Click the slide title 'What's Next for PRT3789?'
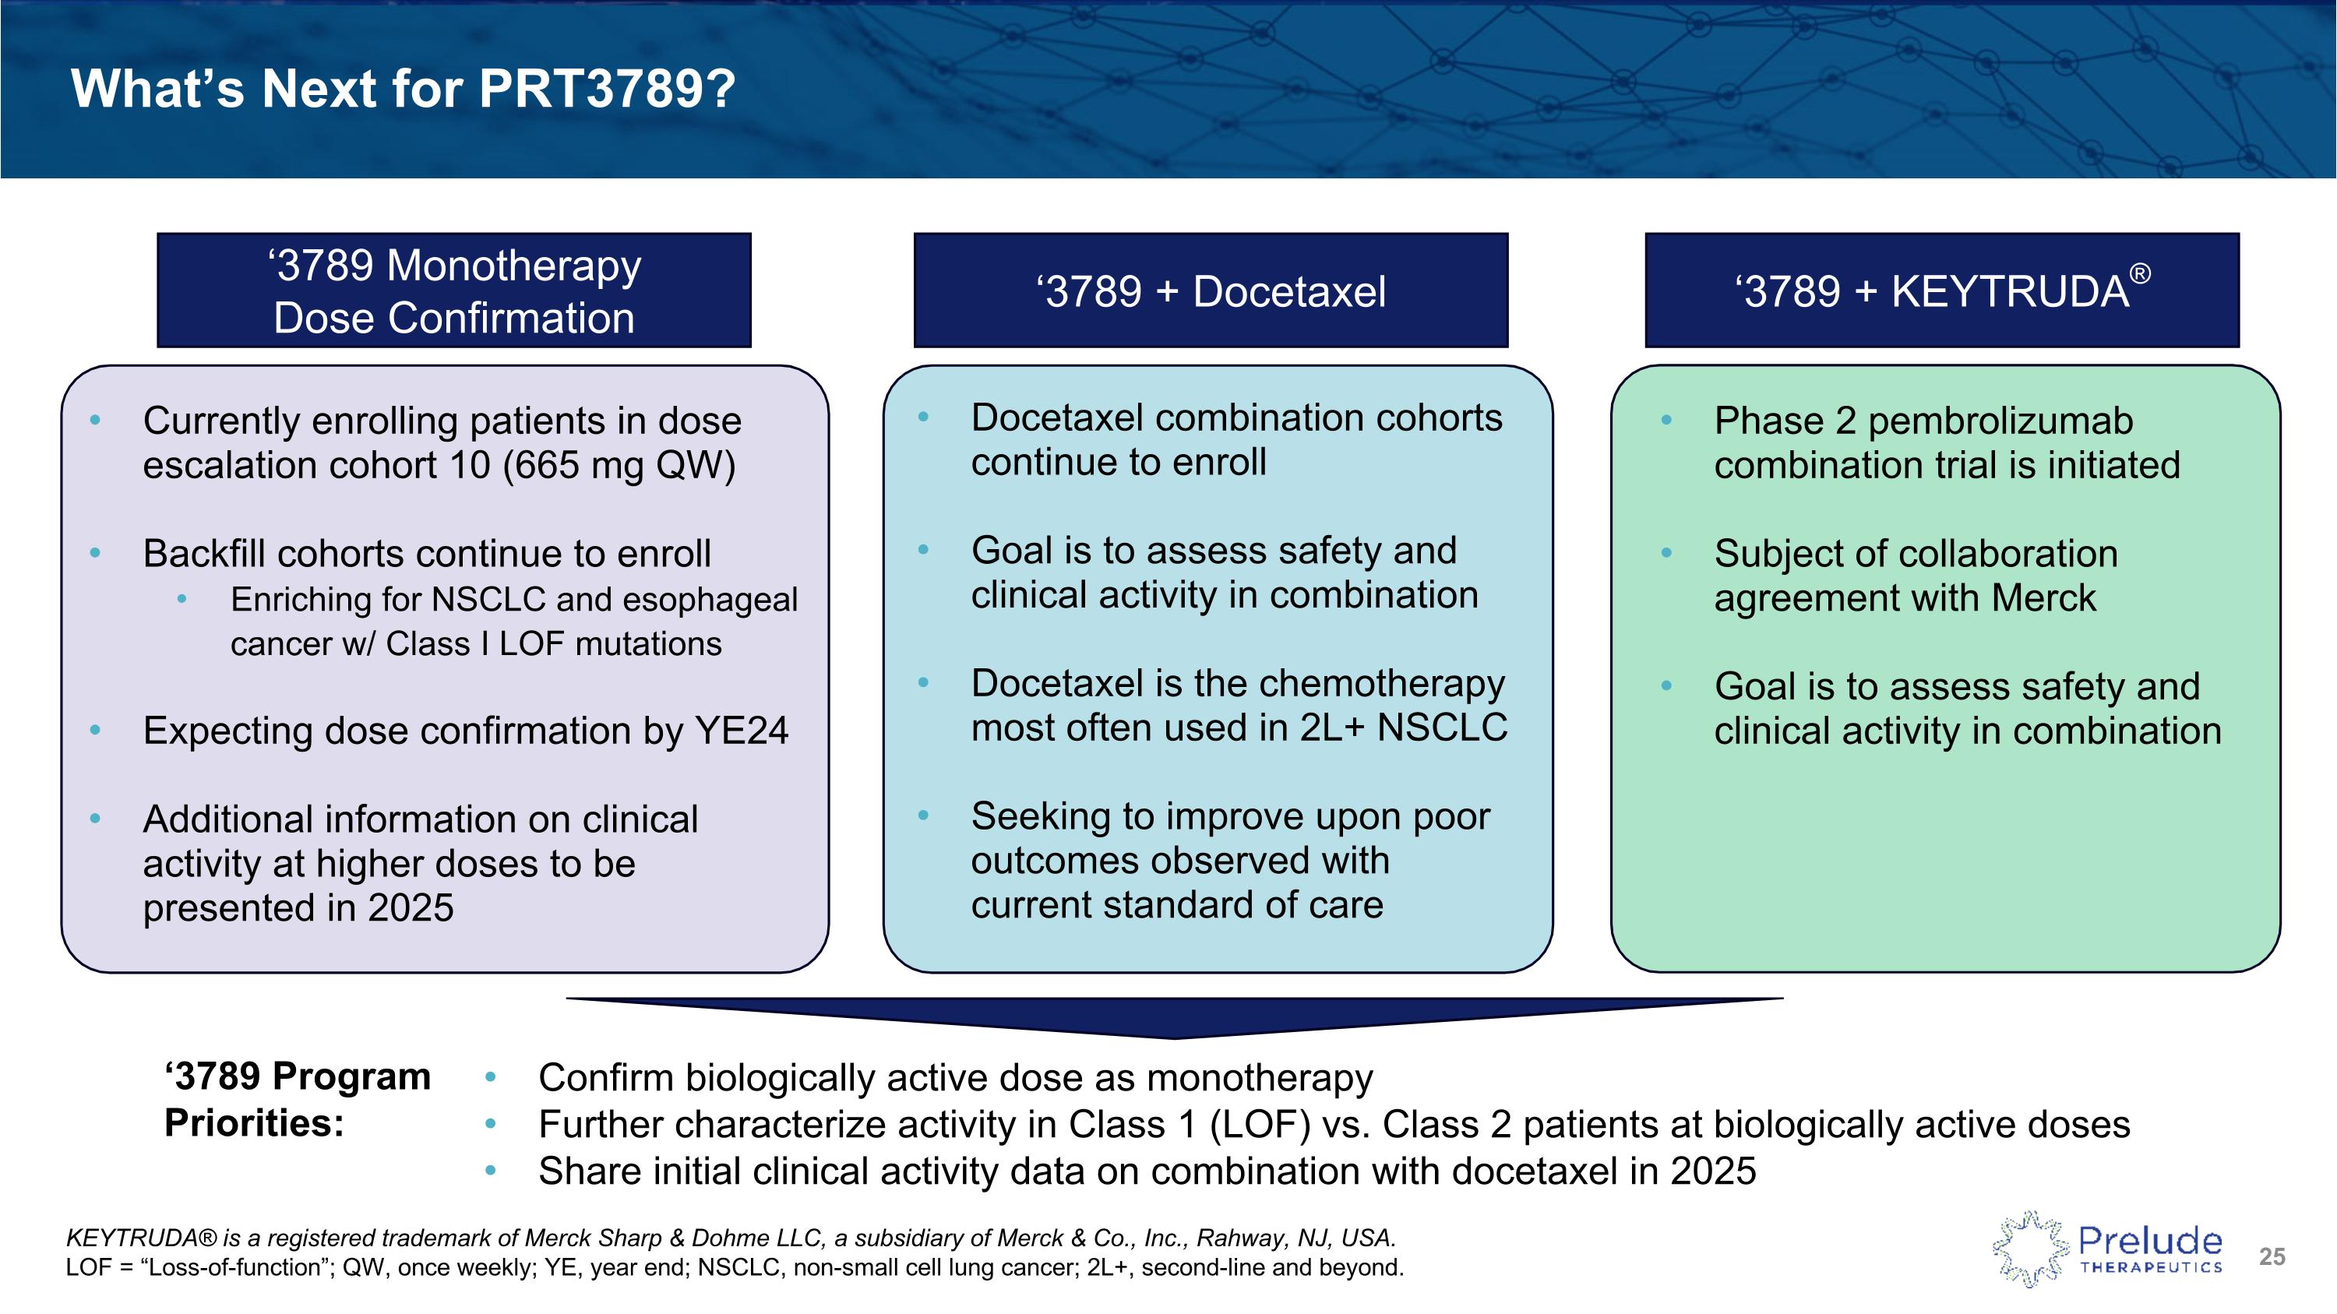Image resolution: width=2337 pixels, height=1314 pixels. coord(403,89)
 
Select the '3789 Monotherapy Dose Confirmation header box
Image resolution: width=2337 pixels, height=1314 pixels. coord(453,291)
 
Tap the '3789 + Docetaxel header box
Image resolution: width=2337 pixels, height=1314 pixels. coord(1211,291)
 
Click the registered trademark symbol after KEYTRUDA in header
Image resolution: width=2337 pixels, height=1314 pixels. coord(2139,273)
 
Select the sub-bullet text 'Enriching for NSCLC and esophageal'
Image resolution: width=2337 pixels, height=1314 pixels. coord(513,600)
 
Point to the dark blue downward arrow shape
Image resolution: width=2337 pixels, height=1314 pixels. coord(1174,1016)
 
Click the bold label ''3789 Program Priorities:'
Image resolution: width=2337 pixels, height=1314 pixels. coord(297,1099)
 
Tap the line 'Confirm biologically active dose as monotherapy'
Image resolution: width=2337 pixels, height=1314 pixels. coord(954,1078)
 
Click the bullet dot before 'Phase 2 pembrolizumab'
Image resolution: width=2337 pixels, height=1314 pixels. coord(1666,420)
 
